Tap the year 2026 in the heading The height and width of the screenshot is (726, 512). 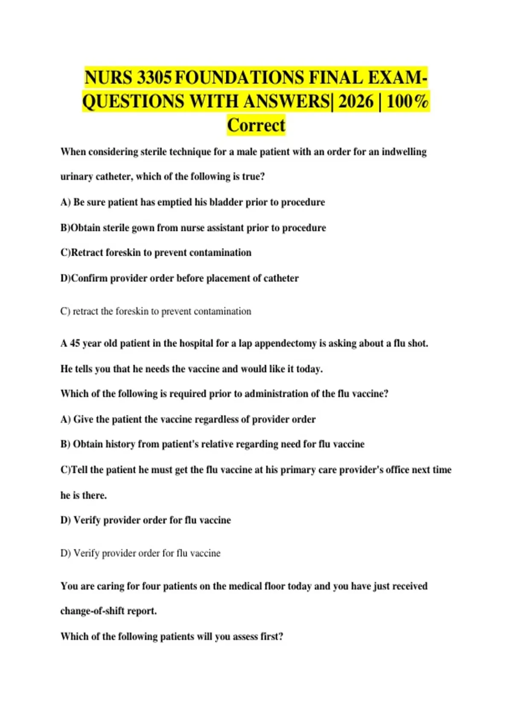[x=356, y=102]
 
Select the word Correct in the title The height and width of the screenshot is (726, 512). [x=256, y=126]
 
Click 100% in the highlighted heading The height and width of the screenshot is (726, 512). [x=407, y=102]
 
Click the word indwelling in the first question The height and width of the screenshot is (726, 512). [x=404, y=152]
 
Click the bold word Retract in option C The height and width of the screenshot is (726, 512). [x=87, y=253]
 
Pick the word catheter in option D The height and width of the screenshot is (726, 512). [x=281, y=278]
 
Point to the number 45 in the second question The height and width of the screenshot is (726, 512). [x=75, y=343]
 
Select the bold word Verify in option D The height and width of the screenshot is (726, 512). [x=87, y=520]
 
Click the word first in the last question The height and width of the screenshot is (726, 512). [x=271, y=636]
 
